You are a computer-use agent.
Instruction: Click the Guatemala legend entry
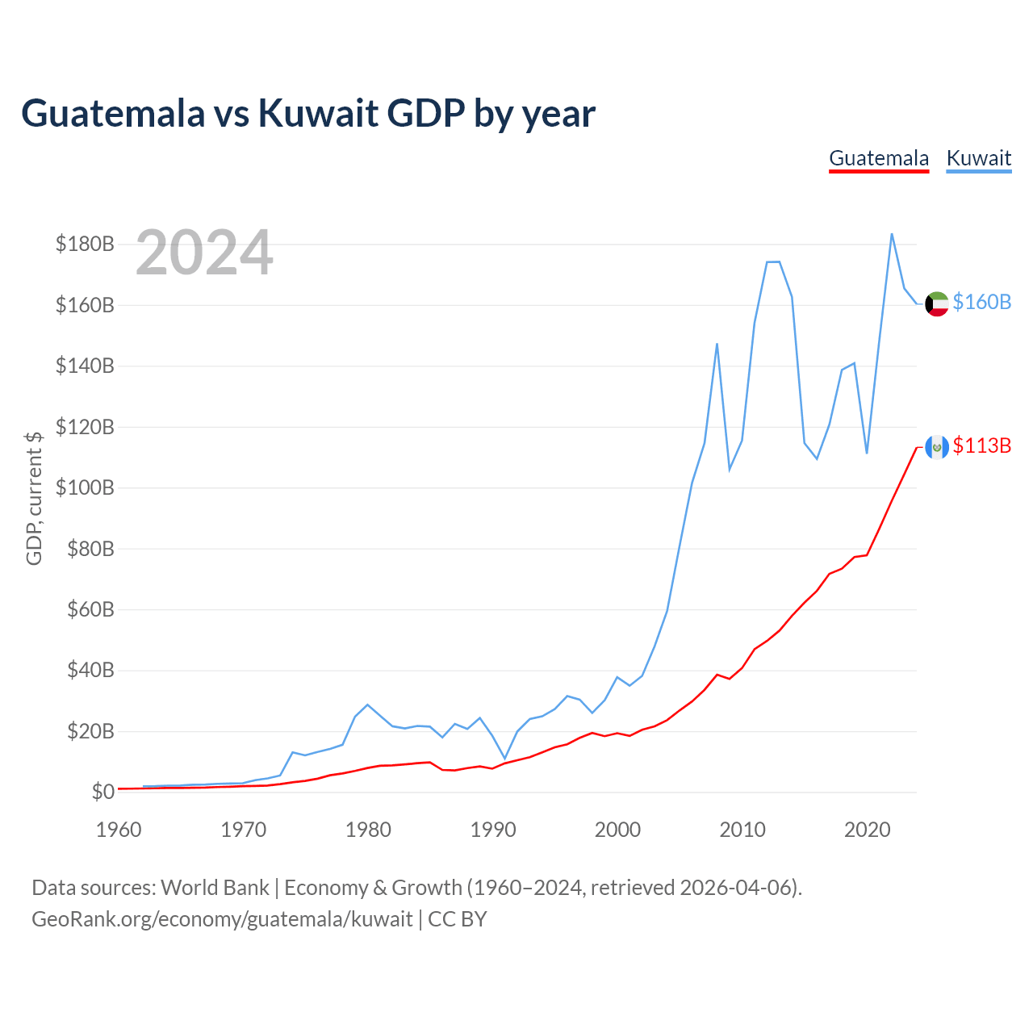tap(879, 159)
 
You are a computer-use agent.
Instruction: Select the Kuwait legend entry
tap(978, 159)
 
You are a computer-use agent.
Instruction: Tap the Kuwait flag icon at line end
tap(936, 304)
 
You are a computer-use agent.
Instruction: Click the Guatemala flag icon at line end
tap(936, 446)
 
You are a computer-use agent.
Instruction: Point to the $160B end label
tap(981, 303)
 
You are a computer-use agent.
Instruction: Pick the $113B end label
tap(981, 445)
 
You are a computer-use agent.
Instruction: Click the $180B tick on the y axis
tap(85, 244)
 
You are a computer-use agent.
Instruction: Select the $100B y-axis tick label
tap(85, 487)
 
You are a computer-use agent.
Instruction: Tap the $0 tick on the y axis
tap(103, 792)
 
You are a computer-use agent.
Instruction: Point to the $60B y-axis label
tap(90, 609)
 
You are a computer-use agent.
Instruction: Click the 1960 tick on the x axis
tap(119, 830)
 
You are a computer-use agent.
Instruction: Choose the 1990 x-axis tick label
tap(492, 830)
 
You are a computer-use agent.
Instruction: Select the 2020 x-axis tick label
tap(867, 830)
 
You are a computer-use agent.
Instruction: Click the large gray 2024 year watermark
tap(204, 252)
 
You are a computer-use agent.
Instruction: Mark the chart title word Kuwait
tap(319, 113)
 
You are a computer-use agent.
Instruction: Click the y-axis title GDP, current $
tap(33, 499)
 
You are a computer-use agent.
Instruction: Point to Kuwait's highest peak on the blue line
tap(892, 234)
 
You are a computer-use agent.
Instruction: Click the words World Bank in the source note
tap(215, 888)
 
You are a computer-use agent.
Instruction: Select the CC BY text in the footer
tap(458, 919)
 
